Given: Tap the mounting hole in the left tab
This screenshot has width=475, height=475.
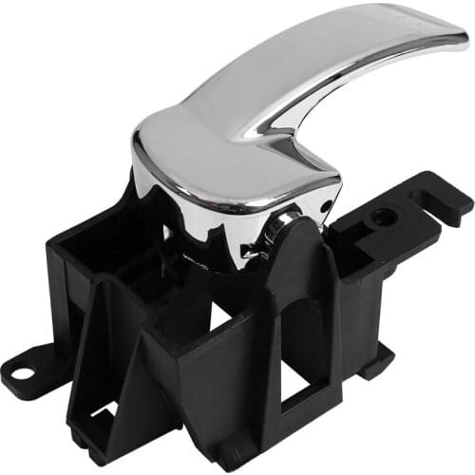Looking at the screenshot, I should [21, 359].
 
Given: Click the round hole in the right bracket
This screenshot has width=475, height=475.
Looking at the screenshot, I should [384, 217].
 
